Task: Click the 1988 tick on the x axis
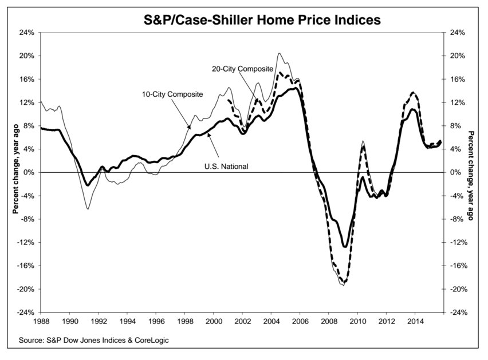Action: pos(41,322)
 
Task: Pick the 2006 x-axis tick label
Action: pos(300,322)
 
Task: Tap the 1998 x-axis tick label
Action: pos(185,322)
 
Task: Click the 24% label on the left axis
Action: pos(27,33)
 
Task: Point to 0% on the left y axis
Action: pos(29,172)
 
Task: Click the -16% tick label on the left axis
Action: pos(26,266)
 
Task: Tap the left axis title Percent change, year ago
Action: pos(15,172)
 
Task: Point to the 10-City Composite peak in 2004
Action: pos(279,53)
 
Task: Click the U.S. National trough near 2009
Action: pos(345,247)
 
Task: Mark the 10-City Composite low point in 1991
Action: pos(88,209)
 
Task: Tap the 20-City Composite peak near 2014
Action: pos(413,92)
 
